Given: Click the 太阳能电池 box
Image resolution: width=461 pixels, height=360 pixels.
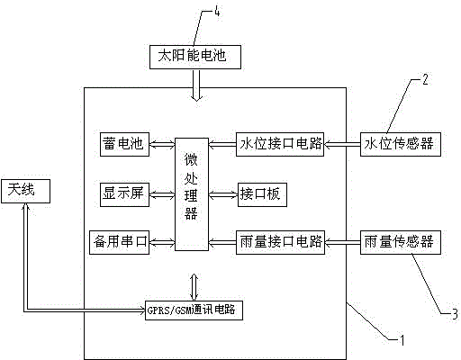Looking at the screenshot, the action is coord(195,57).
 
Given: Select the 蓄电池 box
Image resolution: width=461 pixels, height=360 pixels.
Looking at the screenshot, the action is coord(124,144).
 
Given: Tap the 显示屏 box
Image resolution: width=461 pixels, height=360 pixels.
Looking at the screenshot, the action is coord(124,194).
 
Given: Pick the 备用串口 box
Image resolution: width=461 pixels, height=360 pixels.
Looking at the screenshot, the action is coord(120,242).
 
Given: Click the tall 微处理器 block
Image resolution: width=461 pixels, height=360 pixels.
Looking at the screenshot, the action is coord(192,194).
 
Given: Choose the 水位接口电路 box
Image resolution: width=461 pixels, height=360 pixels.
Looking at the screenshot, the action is coord(280,144).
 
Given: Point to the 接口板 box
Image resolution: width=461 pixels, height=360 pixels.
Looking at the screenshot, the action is coord(262,194).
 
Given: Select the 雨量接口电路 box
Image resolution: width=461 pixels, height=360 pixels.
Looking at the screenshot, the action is coord(280,242).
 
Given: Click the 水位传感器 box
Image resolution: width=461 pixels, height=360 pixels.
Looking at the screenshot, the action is coord(401,144).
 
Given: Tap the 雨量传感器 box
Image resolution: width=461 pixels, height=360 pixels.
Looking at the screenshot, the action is coord(401,242).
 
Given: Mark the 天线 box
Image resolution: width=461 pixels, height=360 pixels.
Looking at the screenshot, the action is coord(25,191).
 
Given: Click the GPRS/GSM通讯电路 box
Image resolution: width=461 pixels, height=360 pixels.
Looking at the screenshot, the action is coord(194,310).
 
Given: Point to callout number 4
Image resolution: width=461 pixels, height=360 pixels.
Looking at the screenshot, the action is coord(217,12).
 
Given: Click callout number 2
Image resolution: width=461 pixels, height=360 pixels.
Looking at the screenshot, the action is coord(425,79).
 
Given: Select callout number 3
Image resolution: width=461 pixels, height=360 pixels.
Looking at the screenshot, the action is coord(455,313).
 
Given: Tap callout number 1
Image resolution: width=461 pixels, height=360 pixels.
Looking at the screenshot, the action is coord(402,340).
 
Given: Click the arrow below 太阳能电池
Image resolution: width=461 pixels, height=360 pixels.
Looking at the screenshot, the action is coord(196,85).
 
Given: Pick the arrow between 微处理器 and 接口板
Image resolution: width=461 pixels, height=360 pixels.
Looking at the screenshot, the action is coord(223,195).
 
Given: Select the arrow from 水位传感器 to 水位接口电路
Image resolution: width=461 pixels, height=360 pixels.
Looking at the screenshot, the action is coord(342,145).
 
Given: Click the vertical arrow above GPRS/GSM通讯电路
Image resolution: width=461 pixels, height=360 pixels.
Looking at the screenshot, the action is coord(194,287).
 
